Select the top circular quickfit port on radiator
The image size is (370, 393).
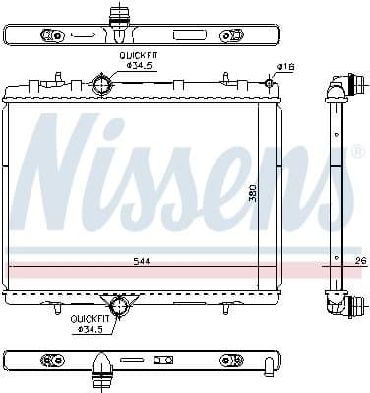tap(101, 86)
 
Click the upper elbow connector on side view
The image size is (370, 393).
tap(341, 90)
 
